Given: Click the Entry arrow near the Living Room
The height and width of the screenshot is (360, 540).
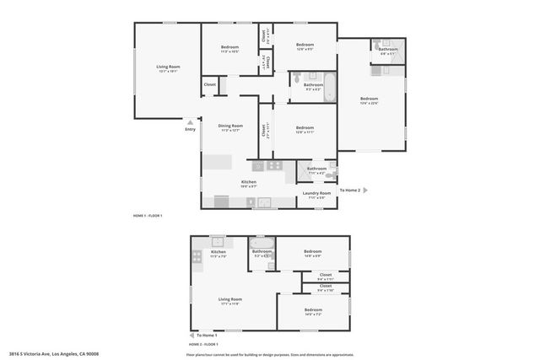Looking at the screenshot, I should (x=190, y=120).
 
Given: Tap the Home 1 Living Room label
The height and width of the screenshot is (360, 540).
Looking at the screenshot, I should (x=168, y=68).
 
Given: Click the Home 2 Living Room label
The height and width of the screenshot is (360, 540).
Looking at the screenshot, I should (x=230, y=301).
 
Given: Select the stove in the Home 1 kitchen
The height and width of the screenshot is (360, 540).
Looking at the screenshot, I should (x=259, y=166).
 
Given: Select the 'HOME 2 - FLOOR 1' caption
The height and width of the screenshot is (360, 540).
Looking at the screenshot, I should (x=203, y=344).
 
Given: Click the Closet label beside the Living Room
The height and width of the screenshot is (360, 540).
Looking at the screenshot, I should (x=210, y=84).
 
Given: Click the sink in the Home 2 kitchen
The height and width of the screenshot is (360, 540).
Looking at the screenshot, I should (x=217, y=241).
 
